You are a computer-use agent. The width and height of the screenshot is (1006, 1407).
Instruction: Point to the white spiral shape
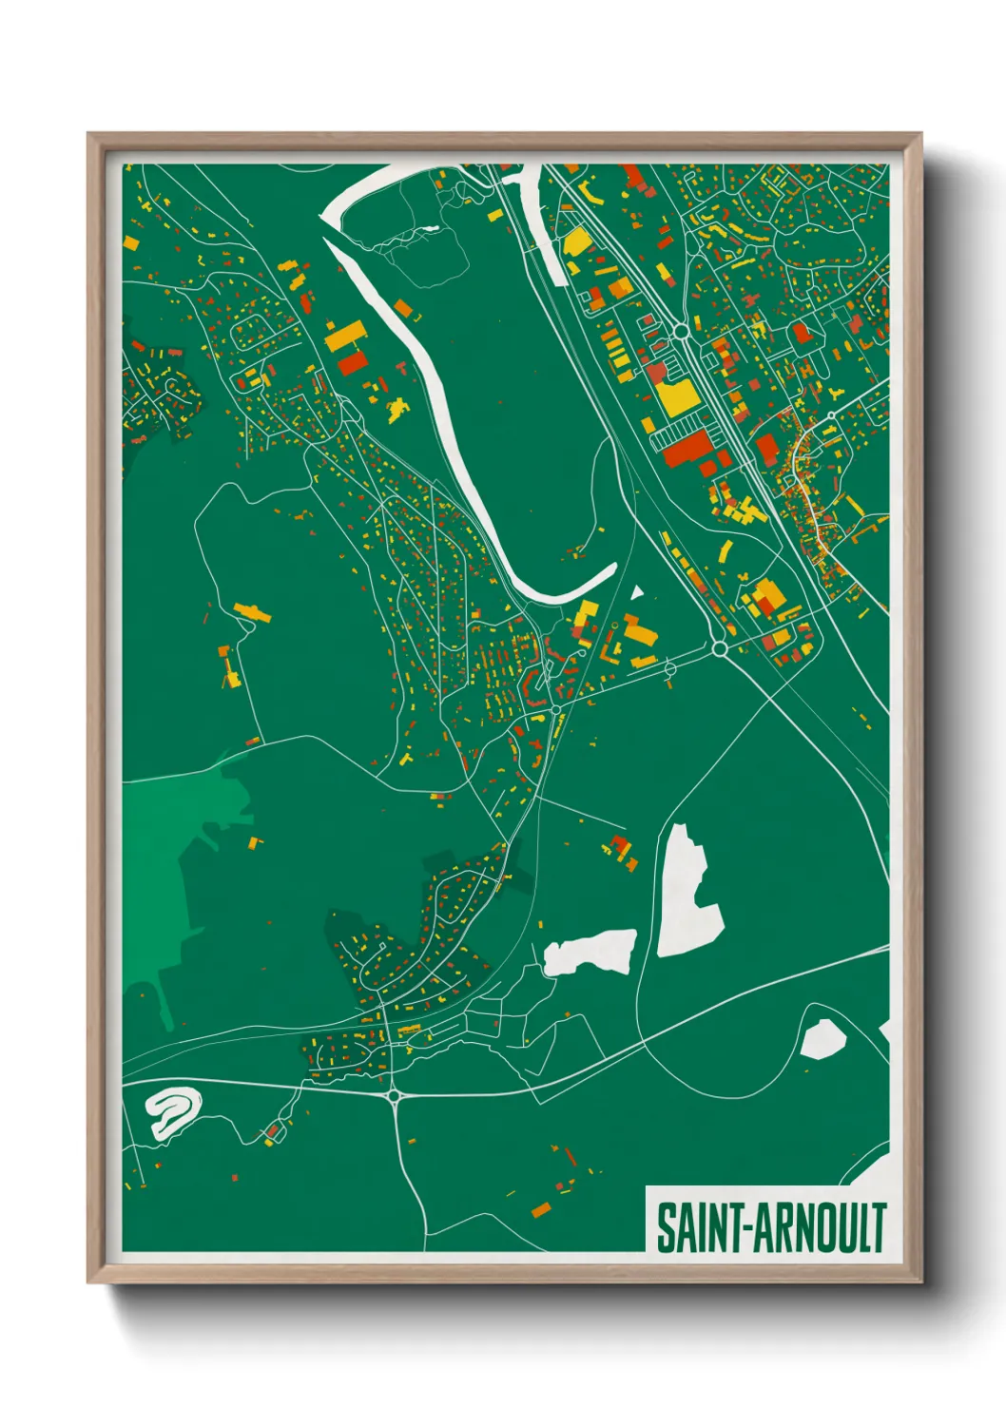click(x=173, y=1110)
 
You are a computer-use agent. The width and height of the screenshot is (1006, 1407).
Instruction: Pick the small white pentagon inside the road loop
click(x=822, y=1039)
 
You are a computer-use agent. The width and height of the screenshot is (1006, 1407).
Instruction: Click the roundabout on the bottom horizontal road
click(x=394, y=1095)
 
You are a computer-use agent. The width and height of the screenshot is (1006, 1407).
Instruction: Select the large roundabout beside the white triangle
click(x=719, y=648)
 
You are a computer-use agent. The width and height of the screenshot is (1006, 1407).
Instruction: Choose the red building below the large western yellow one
click(x=351, y=363)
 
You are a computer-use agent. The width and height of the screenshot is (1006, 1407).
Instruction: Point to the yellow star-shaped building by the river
click(x=397, y=408)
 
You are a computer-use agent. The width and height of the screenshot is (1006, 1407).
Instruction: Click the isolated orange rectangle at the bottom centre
click(x=541, y=1209)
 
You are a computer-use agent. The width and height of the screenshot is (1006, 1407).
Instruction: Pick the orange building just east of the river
click(x=403, y=308)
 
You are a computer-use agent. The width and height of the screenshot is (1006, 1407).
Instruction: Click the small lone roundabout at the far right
click(x=831, y=415)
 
